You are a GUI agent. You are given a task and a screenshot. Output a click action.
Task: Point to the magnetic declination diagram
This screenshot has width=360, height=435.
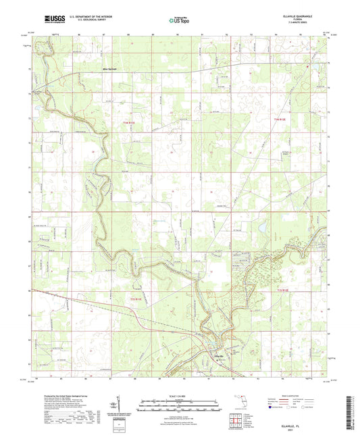click(120, 405)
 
